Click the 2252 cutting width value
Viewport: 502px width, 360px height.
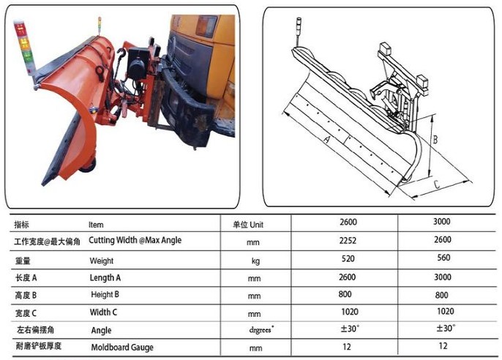coord(348,240)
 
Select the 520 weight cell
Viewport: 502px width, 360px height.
coord(348,258)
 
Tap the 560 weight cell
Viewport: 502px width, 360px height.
coord(443,258)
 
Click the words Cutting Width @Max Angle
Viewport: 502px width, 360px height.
coord(135,240)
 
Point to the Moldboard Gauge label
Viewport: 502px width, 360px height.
coord(122,348)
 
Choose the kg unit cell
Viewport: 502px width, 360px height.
coord(255,260)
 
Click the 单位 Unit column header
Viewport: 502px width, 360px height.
coord(248,225)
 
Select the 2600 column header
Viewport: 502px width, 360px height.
coord(348,222)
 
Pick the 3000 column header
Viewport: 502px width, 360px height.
coord(442,222)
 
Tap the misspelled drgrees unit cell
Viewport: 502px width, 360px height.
coord(261,329)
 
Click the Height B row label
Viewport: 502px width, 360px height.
coord(105,294)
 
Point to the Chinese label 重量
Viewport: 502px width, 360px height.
coord(23,260)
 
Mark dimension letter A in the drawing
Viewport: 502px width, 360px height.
coord(326,140)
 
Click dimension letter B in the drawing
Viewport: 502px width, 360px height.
coord(435,139)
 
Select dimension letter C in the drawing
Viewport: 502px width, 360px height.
coord(436,184)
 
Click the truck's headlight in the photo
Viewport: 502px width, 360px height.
coord(206,26)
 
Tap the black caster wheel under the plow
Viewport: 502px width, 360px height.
coord(89,166)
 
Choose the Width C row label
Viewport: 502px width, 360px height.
coord(103,312)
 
